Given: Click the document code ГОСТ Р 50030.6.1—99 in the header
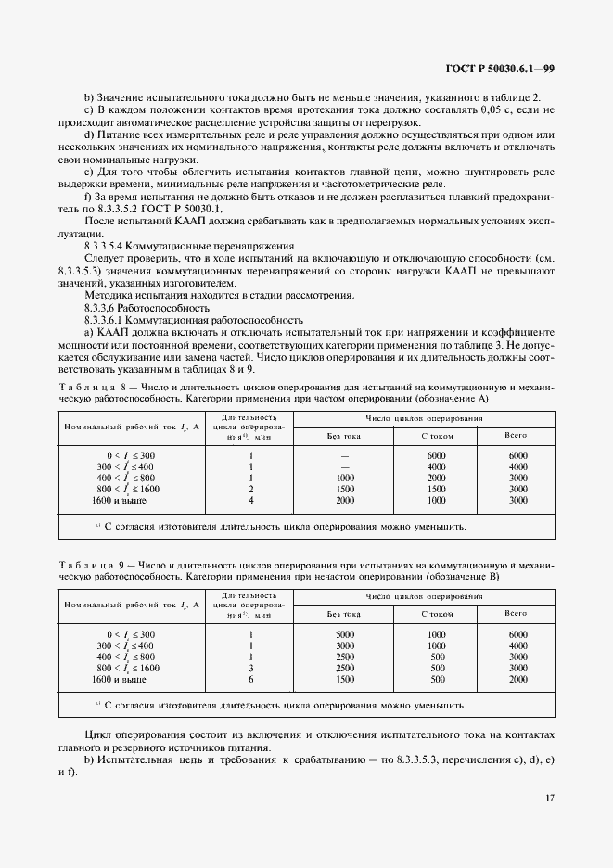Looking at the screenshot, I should (x=499, y=68).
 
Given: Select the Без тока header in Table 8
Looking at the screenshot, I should (x=343, y=435).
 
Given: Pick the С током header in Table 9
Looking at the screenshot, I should (x=436, y=613).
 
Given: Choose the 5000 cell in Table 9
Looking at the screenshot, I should (x=345, y=633).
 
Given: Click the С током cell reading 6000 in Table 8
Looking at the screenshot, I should (x=436, y=455).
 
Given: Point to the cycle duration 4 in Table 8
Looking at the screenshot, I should (x=251, y=500).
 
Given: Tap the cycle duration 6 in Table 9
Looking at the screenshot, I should (x=251, y=678).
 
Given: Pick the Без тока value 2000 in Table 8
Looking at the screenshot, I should (x=345, y=500).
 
